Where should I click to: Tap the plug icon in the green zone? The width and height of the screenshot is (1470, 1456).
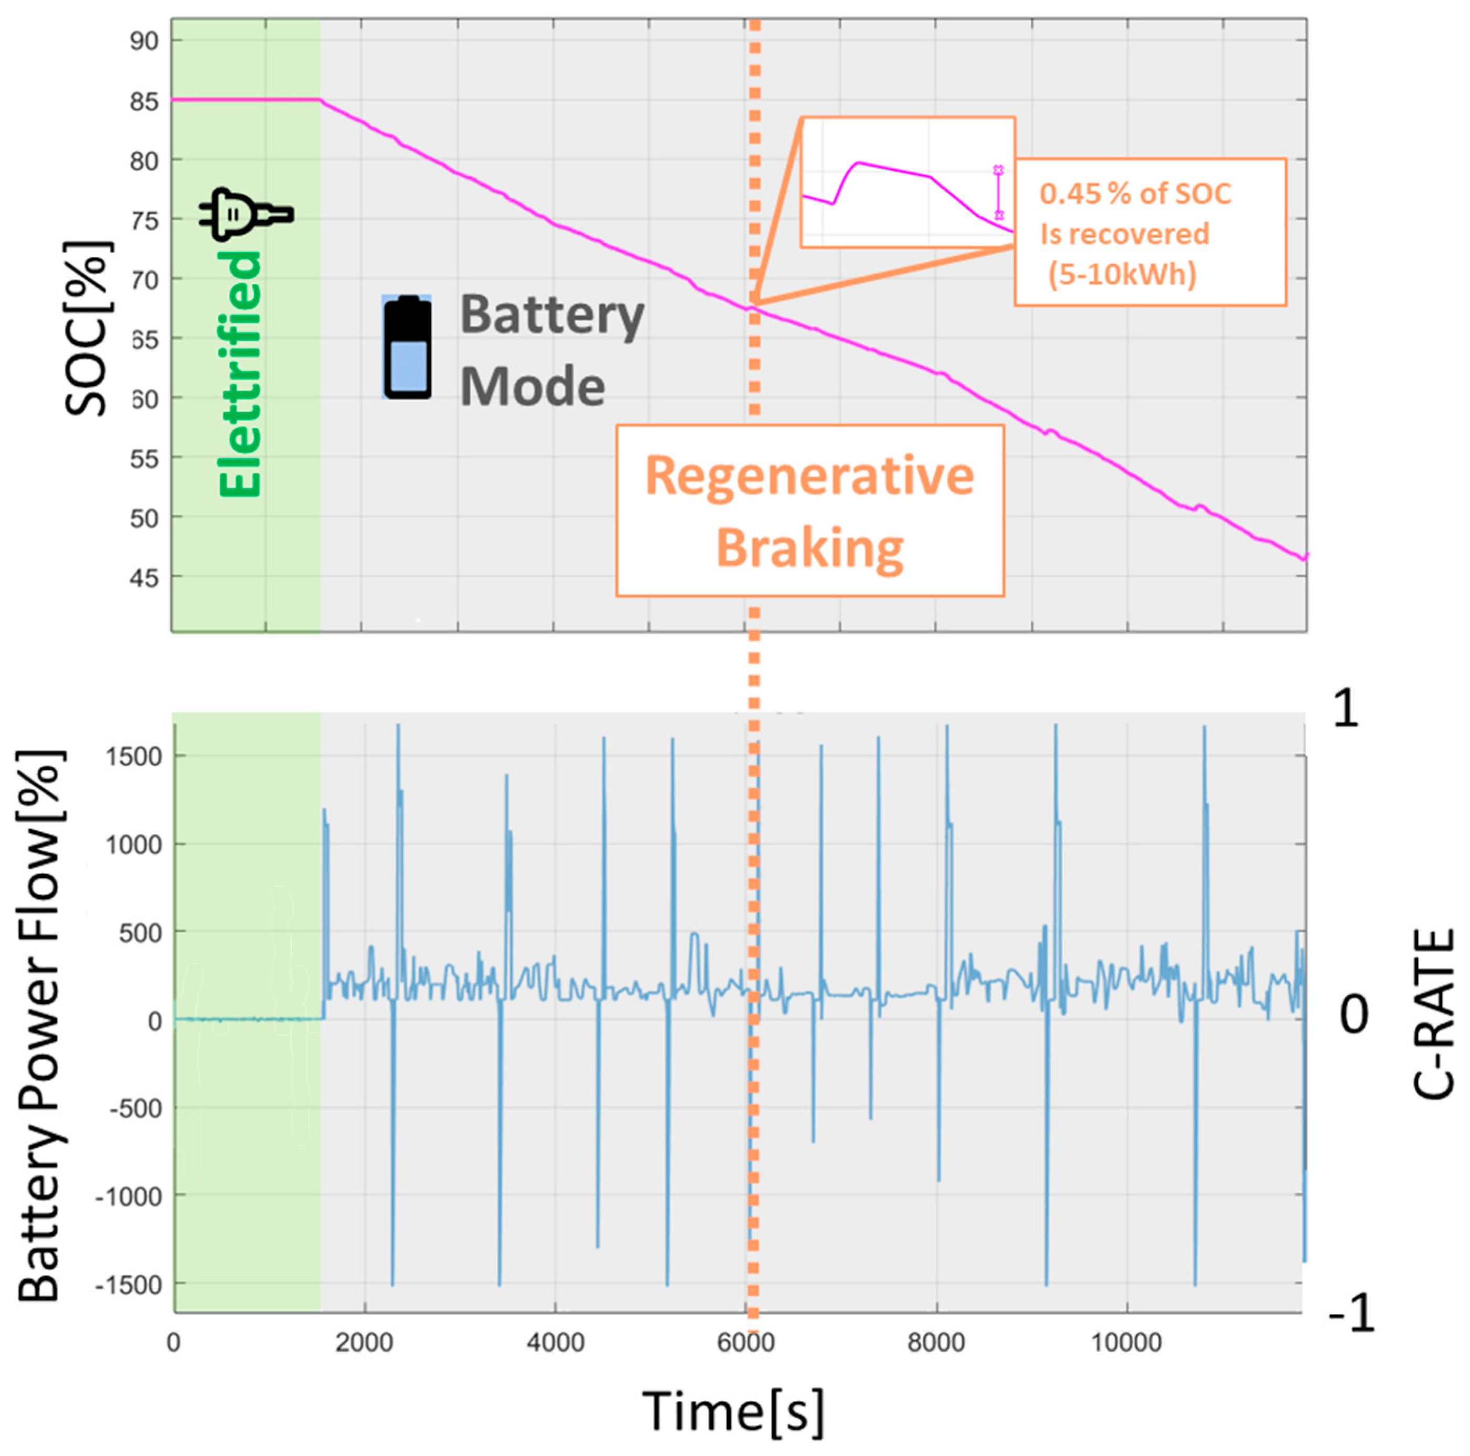[245, 214]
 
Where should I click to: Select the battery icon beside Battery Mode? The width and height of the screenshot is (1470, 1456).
[407, 347]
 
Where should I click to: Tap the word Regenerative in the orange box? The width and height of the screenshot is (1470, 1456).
[809, 477]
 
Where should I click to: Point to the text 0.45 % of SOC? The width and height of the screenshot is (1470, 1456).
[1134, 194]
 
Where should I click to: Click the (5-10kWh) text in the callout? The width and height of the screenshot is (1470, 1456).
[1122, 274]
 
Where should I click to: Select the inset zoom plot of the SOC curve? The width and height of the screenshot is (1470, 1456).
[907, 182]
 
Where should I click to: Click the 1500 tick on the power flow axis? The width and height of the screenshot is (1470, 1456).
[133, 757]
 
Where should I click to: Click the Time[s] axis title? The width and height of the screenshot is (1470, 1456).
[733, 1410]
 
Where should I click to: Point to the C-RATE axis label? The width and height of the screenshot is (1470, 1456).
[1434, 1013]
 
